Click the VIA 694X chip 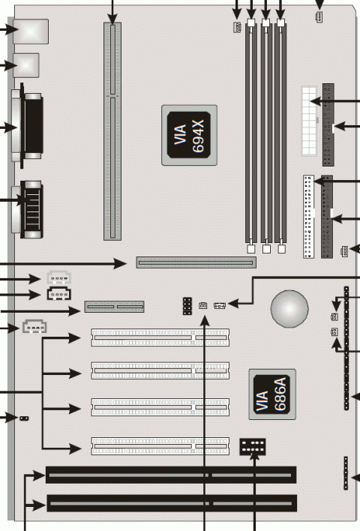[189, 135]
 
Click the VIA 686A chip [272, 394]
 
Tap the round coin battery [289, 309]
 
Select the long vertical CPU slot [112, 131]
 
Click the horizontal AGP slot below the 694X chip [196, 262]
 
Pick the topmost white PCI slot [160, 337]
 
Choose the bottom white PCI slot [160, 446]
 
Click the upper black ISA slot [171, 475]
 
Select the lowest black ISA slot [172, 503]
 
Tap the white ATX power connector [309, 121]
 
